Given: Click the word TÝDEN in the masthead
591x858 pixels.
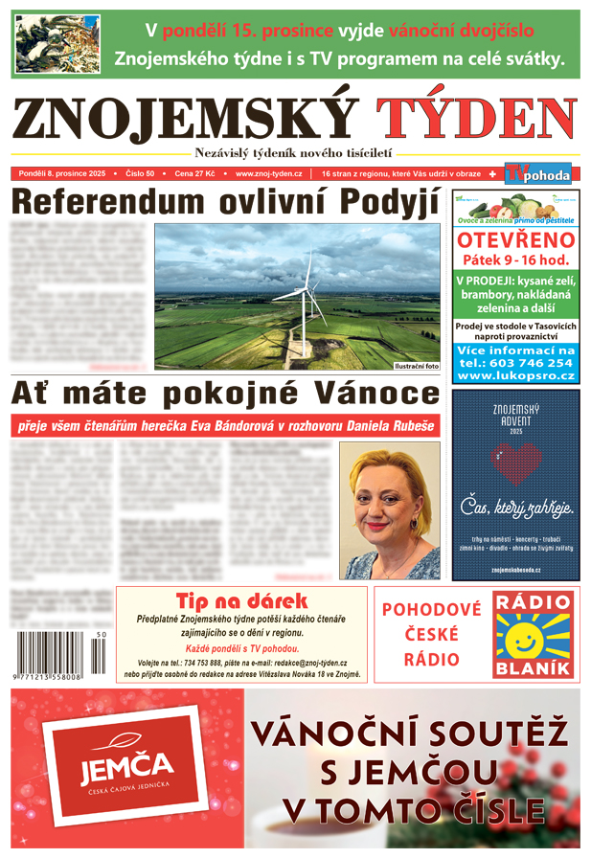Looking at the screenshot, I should [x=475, y=120].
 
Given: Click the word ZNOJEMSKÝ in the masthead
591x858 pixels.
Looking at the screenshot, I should [x=184, y=120].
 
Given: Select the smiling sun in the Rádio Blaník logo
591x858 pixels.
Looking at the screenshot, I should [x=532, y=634].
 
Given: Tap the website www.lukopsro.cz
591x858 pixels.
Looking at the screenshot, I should [x=515, y=376].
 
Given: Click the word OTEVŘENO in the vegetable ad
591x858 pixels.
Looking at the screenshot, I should [x=515, y=239].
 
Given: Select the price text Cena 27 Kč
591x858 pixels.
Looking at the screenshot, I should [x=196, y=174].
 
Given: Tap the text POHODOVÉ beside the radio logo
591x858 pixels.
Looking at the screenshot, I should [x=431, y=610].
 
